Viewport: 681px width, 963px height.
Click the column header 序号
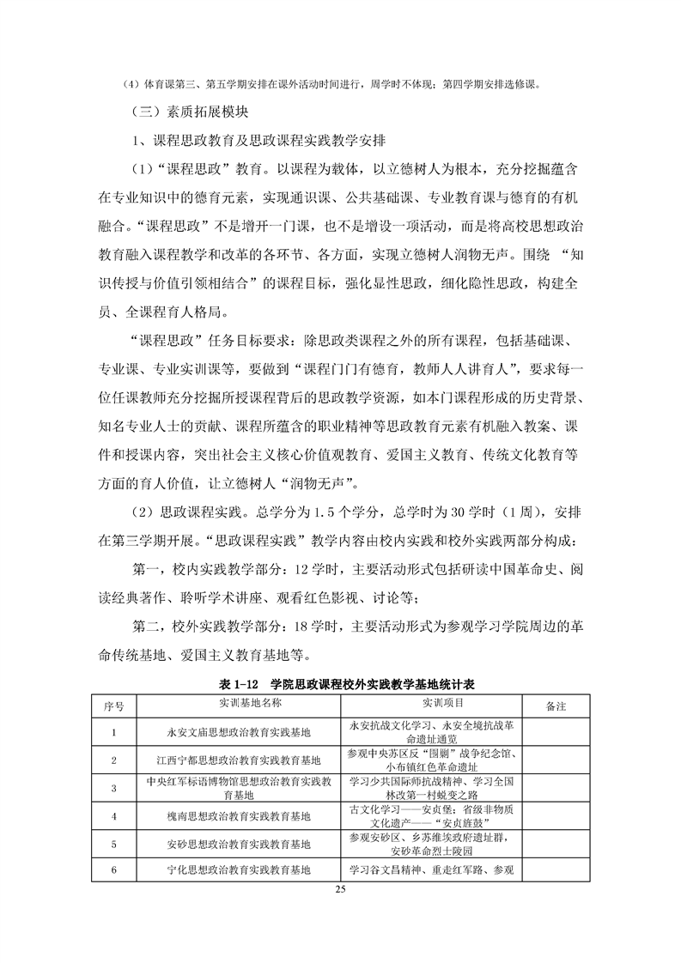pos(114,706)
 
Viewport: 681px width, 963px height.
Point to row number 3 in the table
pos(114,788)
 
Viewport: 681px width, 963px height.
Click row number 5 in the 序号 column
pos(114,844)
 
